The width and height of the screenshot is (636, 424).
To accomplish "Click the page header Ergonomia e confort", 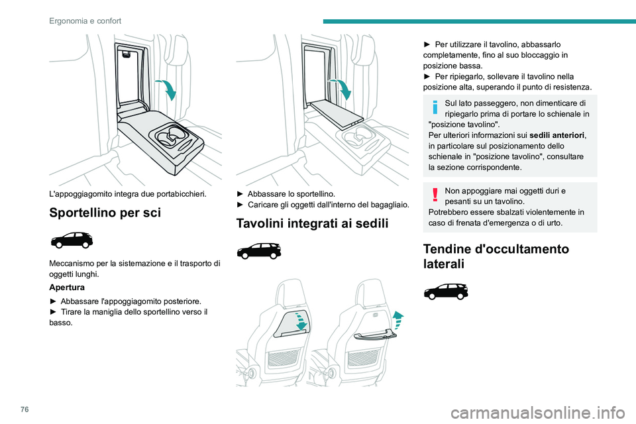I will click(x=85, y=21).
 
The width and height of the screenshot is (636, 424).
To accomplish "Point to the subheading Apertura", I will click(x=67, y=288).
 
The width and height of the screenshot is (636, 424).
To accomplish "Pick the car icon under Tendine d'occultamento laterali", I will click(x=446, y=291).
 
